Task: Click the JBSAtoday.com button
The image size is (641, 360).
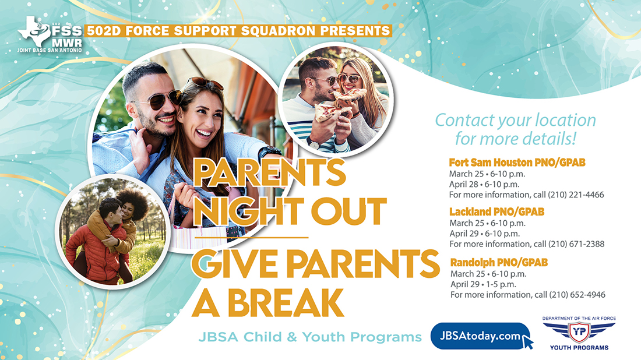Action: click(480, 336)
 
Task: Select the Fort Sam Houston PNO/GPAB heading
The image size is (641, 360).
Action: click(517, 162)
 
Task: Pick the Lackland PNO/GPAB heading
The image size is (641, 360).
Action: click(496, 211)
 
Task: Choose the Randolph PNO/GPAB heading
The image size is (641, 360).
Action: click(499, 262)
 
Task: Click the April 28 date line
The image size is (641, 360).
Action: click(484, 184)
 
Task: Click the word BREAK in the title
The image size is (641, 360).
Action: click(286, 303)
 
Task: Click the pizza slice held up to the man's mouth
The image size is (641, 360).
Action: click(349, 96)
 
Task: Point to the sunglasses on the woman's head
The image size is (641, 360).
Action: click(205, 83)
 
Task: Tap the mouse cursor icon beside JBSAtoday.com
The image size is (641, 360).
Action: click(527, 341)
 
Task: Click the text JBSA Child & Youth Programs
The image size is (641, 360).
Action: click(310, 337)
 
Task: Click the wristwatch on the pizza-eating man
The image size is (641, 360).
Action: click(314, 143)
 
